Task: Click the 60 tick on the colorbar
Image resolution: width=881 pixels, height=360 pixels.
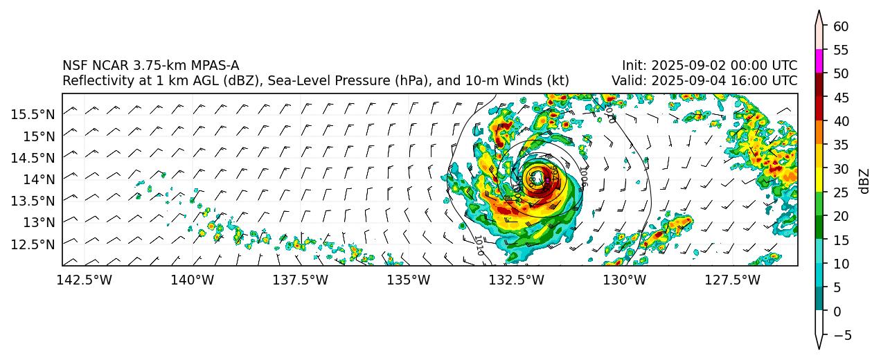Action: pos(842,26)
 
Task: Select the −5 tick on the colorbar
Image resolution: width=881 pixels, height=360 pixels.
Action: pos(839,336)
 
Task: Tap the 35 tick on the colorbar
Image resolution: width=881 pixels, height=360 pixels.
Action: pos(842,145)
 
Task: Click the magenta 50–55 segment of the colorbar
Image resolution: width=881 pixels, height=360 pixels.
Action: pos(819,61)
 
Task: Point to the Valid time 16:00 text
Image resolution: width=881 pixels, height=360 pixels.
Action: pos(745,81)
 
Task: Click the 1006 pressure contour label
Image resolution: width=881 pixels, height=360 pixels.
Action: pos(583,177)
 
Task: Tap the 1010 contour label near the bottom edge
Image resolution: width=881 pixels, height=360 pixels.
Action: pos(479,246)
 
